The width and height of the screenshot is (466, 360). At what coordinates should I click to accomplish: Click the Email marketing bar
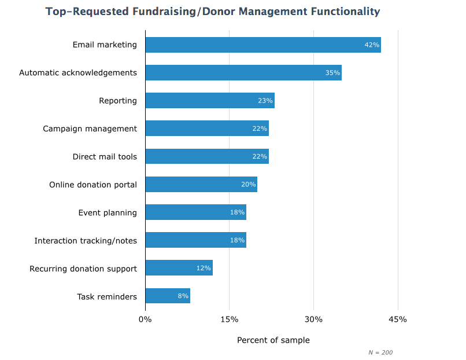click(x=263, y=45)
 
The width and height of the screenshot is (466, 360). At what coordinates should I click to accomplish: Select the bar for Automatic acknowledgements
click(x=243, y=72)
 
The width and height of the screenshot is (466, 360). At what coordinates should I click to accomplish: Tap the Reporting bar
click(x=210, y=100)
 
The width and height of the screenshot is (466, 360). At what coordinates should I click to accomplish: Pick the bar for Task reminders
click(x=168, y=296)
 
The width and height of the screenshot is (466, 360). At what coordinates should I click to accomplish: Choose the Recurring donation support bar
click(x=179, y=268)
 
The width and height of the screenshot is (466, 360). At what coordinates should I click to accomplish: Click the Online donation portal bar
click(x=201, y=185)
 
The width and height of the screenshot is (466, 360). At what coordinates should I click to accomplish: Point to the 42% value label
click(x=371, y=45)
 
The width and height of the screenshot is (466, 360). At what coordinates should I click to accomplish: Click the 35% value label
click(x=332, y=73)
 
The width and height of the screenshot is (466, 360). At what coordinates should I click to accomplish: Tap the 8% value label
click(x=183, y=296)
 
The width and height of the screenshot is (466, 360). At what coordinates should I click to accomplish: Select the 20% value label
click(x=249, y=185)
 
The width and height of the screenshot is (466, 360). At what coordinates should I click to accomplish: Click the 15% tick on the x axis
click(x=230, y=319)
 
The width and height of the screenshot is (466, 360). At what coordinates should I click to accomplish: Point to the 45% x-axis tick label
click(x=398, y=319)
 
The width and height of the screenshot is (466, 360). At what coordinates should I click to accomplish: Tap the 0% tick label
click(x=145, y=319)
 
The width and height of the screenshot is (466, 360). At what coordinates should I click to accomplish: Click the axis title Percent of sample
click(x=273, y=340)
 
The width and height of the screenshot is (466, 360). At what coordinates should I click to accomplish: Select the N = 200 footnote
click(x=380, y=352)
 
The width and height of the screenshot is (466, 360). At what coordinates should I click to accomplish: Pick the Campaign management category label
click(x=90, y=128)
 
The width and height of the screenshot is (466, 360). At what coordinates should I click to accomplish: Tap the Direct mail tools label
click(x=105, y=156)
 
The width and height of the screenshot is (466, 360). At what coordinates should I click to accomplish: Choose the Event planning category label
click(x=108, y=212)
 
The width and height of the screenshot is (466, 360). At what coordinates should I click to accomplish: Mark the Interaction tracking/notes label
click(x=86, y=240)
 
